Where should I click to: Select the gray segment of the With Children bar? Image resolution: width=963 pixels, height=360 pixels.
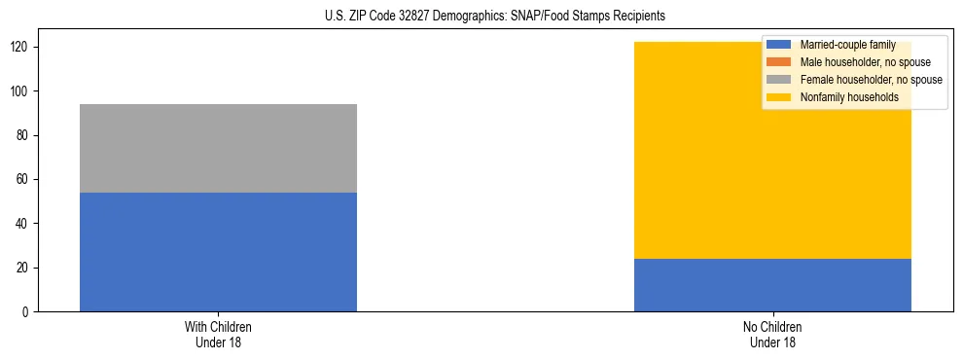pos(218,148)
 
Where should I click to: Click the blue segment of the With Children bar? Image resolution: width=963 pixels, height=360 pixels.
pos(218,252)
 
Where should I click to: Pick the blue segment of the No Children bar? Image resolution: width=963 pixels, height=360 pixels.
pos(772,285)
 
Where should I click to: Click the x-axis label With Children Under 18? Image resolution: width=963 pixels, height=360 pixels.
pos(218,334)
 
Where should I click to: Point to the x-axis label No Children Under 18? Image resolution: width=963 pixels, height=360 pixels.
pos(772,334)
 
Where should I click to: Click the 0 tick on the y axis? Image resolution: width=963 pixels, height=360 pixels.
pos(28,312)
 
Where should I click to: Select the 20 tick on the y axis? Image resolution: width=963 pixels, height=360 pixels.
pos(25,268)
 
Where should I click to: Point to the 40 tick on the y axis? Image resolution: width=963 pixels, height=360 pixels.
pos(25,224)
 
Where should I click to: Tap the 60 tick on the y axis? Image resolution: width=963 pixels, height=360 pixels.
pos(25,180)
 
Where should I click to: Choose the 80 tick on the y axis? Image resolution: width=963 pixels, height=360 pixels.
pos(25,135)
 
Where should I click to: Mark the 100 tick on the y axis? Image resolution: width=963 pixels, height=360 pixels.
pos(22,91)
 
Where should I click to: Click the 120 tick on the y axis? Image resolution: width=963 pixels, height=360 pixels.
pos(22,48)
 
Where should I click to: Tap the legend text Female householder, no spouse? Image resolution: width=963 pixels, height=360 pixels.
pos(871,80)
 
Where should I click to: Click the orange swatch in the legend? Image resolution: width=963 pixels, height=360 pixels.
pos(778,62)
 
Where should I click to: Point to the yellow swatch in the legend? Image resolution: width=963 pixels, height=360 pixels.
pos(778,97)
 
